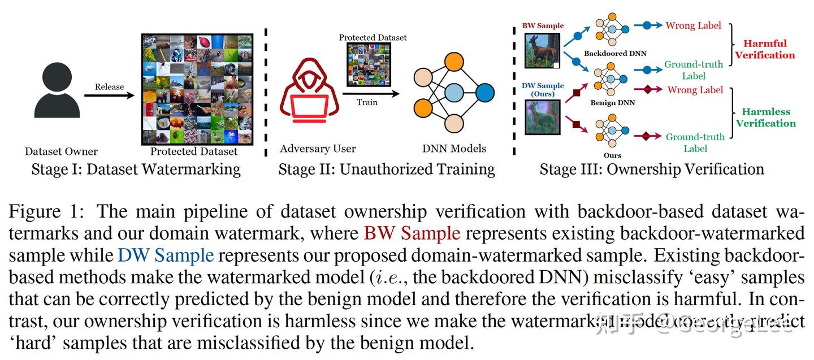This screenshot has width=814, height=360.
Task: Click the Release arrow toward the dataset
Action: pos(109,96)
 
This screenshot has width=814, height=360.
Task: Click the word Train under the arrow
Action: pos(367,102)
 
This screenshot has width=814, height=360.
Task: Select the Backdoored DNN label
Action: pos(614,54)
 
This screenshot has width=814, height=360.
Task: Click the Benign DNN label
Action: pos(612,103)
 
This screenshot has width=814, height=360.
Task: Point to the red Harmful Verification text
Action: pos(765,49)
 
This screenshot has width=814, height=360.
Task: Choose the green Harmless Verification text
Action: pos(765,118)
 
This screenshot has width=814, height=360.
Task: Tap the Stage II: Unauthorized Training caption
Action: pos(387,169)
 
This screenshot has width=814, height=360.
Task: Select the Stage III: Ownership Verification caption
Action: pos(652,169)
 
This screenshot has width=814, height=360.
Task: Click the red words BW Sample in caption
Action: pos(412,233)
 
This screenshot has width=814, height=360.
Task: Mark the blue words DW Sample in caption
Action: pos(166,255)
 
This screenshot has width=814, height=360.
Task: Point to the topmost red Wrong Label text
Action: pos(693,25)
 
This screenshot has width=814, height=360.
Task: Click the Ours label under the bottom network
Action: pos(612,155)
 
